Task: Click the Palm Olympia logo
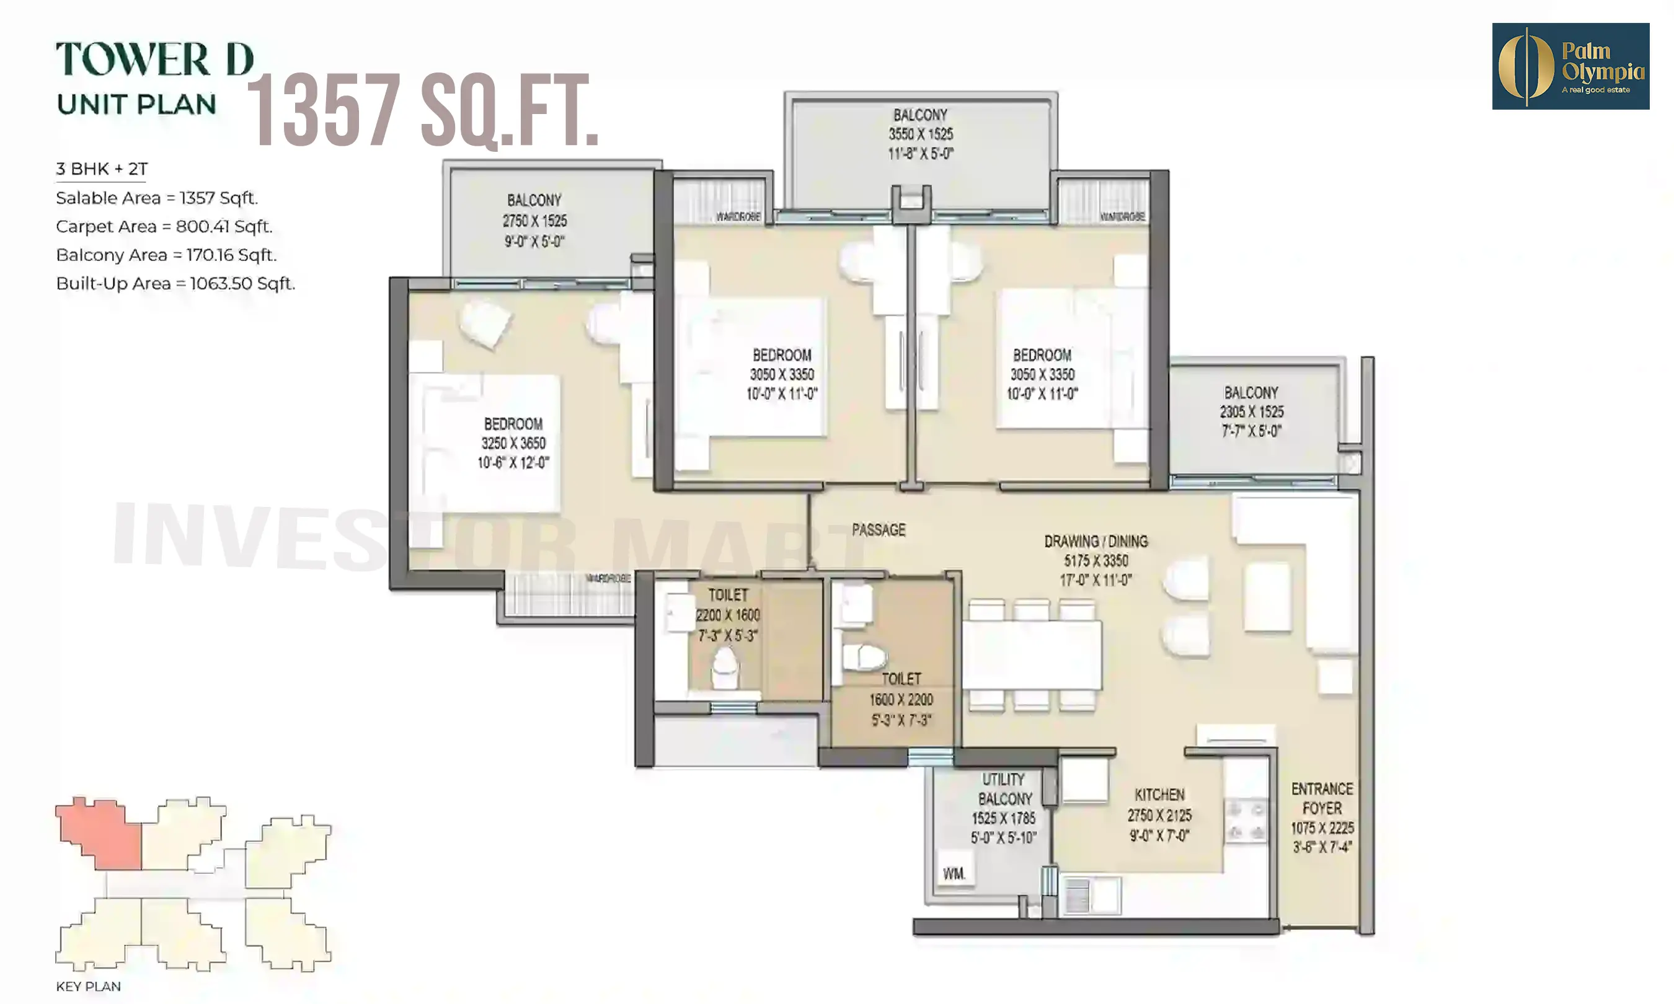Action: pos(1570,66)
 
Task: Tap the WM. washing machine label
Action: pos(954,873)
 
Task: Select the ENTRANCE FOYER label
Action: pos(1321,798)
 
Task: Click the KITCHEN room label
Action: pos(1159,795)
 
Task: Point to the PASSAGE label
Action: pos(879,530)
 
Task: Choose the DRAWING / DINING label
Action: pos(1096,541)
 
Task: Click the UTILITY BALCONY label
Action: pos(1004,789)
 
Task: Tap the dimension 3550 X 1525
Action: pos(920,134)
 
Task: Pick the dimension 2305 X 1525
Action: pos(1251,412)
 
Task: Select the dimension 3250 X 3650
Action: pos(513,443)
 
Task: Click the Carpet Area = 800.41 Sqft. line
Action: pos(164,227)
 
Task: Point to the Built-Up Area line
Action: pos(175,283)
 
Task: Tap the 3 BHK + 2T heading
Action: pos(102,169)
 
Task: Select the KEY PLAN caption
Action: pos(88,987)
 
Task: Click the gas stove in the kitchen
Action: pos(1246,820)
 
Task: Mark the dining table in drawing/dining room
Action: pos(1031,655)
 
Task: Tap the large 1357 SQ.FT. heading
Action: pos(423,110)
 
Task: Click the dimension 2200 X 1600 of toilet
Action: pos(727,615)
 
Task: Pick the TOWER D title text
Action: pos(154,59)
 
